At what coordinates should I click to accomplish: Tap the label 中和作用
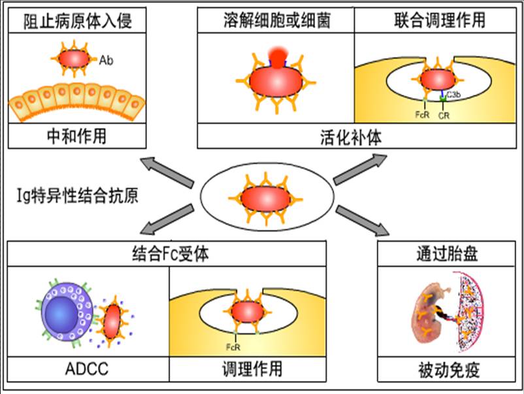tap(77, 136)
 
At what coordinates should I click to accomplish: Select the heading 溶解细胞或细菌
tap(275, 21)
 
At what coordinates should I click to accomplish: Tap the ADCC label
tap(87, 369)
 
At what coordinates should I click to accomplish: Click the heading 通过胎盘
tap(446, 254)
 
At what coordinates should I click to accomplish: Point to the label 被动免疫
tap(447, 370)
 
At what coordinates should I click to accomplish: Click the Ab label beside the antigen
tap(106, 61)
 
